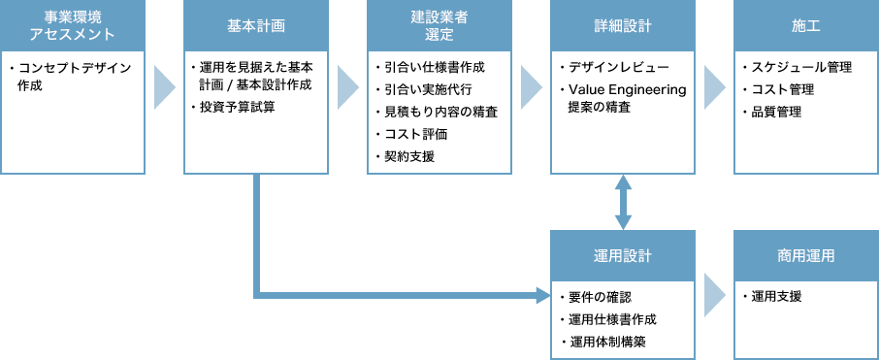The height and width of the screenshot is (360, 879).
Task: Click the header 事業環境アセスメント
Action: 73,27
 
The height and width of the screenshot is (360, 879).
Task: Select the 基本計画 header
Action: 256,27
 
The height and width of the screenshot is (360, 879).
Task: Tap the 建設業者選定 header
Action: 439,27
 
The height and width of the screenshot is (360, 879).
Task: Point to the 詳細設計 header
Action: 623,27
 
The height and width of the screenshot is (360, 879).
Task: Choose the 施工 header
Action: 806,27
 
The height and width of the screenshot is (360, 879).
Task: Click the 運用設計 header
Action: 623,256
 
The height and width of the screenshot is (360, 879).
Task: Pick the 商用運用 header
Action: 806,256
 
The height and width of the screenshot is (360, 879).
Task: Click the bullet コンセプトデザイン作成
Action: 74,77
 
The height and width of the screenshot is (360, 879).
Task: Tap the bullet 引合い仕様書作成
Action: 434,68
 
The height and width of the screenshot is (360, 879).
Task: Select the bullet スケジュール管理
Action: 801,68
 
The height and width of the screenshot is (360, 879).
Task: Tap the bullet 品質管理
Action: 776,112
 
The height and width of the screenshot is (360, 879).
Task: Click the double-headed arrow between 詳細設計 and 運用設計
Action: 623,202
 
